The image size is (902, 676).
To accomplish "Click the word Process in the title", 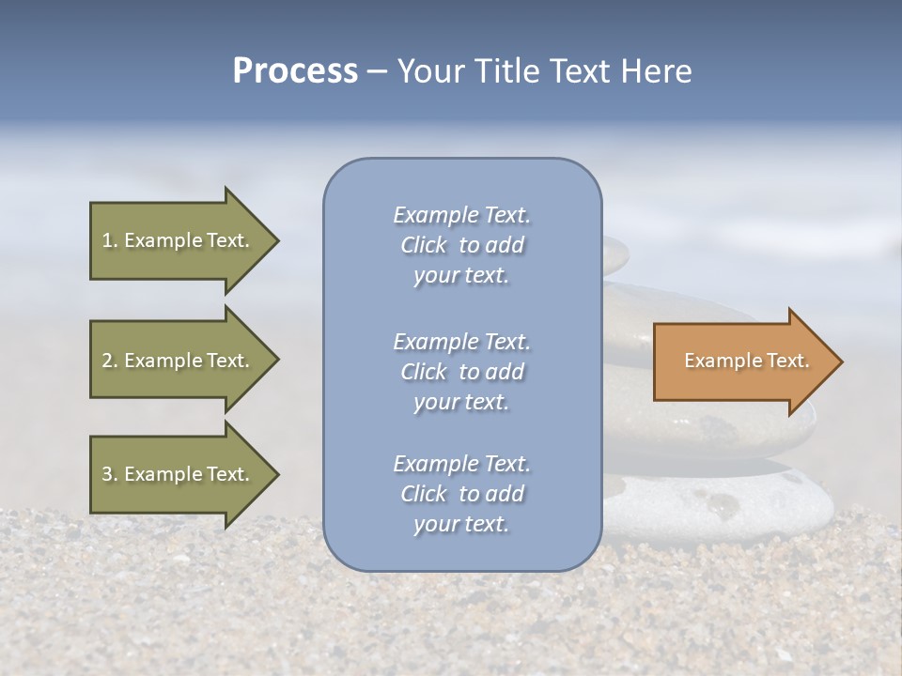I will click(x=295, y=71).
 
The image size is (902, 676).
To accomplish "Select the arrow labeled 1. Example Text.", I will click(x=176, y=240).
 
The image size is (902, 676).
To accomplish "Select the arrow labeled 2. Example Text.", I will click(x=176, y=361).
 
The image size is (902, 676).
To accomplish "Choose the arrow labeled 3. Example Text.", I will click(x=176, y=474).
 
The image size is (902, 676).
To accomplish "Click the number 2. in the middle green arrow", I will click(x=110, y=361).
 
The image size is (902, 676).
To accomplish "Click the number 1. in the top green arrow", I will click(x=110, y=240).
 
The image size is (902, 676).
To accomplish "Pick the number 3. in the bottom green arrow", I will click(x=110, y=474).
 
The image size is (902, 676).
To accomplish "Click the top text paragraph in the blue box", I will click(x=461, y=245).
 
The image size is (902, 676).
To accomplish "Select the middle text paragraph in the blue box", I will click(x=461, y=372).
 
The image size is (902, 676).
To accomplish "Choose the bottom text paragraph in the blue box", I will click(x=461, y=494).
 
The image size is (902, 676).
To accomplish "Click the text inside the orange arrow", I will click(x=746, y=361).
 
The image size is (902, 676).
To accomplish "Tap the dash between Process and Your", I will click(x=378, y=72).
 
